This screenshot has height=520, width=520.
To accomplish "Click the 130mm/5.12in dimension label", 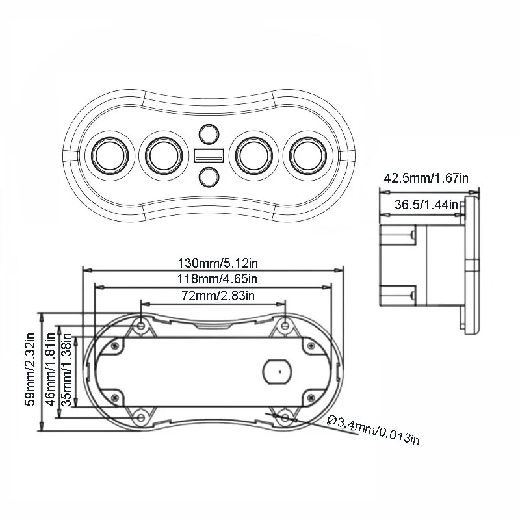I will tap(215, 264).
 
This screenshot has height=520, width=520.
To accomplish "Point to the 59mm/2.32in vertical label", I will tap(30, 370).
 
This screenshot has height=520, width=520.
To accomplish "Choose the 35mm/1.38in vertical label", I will tap(66, 370).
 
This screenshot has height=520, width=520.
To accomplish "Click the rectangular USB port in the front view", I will tap(209, 156).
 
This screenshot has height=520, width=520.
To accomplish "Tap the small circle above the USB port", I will tap(209, 134).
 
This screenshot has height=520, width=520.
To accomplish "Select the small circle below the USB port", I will tap(209, 176).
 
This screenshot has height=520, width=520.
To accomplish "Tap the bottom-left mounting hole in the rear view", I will tap(140, 416).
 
